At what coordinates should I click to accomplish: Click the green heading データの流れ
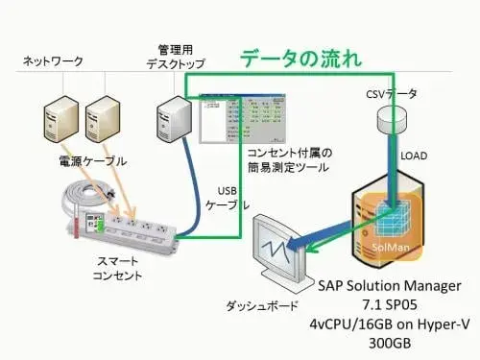click(300, 57)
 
